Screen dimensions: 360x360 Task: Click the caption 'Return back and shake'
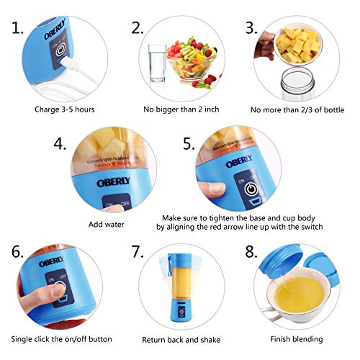click(x=179, y=338)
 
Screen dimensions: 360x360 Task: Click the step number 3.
click(x=251, y=29)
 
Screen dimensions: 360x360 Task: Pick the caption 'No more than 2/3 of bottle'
click(x=296, y=110)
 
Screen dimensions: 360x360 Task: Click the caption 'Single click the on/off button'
click(x=61, y=338)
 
